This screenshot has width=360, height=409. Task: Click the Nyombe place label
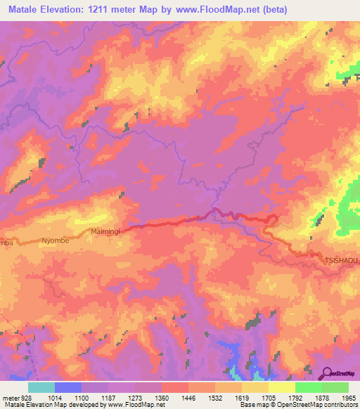(55, 240)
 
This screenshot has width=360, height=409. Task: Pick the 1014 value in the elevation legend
(54, 398)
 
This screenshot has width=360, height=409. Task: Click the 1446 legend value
(188, 398)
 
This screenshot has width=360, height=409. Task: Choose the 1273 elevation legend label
(135, 398)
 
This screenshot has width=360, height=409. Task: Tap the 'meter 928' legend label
(17, 398)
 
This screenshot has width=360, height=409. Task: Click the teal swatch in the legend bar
(41, 387)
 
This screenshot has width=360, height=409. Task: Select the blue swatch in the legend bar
(67, 387)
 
